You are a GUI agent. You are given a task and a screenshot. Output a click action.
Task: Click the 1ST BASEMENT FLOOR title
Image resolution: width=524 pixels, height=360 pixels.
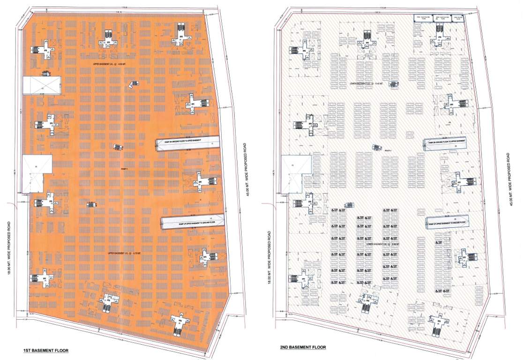tap(46, 350)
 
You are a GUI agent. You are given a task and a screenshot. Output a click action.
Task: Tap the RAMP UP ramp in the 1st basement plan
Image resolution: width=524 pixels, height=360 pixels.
tap(193, 222)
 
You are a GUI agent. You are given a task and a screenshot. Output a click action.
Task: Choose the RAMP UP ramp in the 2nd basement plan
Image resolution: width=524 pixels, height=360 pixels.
tap(448, 223)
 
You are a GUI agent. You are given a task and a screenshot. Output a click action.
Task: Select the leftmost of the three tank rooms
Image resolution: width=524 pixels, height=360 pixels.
tap(422, 18)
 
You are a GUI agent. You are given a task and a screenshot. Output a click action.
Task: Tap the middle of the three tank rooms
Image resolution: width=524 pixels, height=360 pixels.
tap(441, 18)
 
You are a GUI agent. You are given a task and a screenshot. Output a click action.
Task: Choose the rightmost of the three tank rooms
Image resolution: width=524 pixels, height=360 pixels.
tap(457, 18)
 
